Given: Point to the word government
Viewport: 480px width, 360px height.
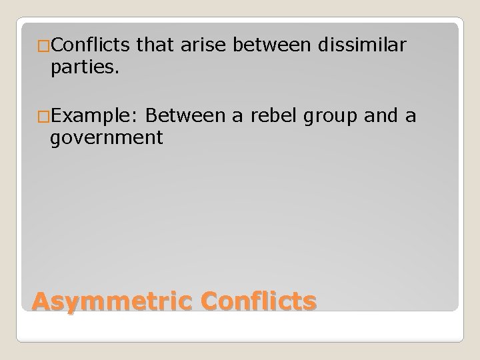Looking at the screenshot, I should coord(106,138).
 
